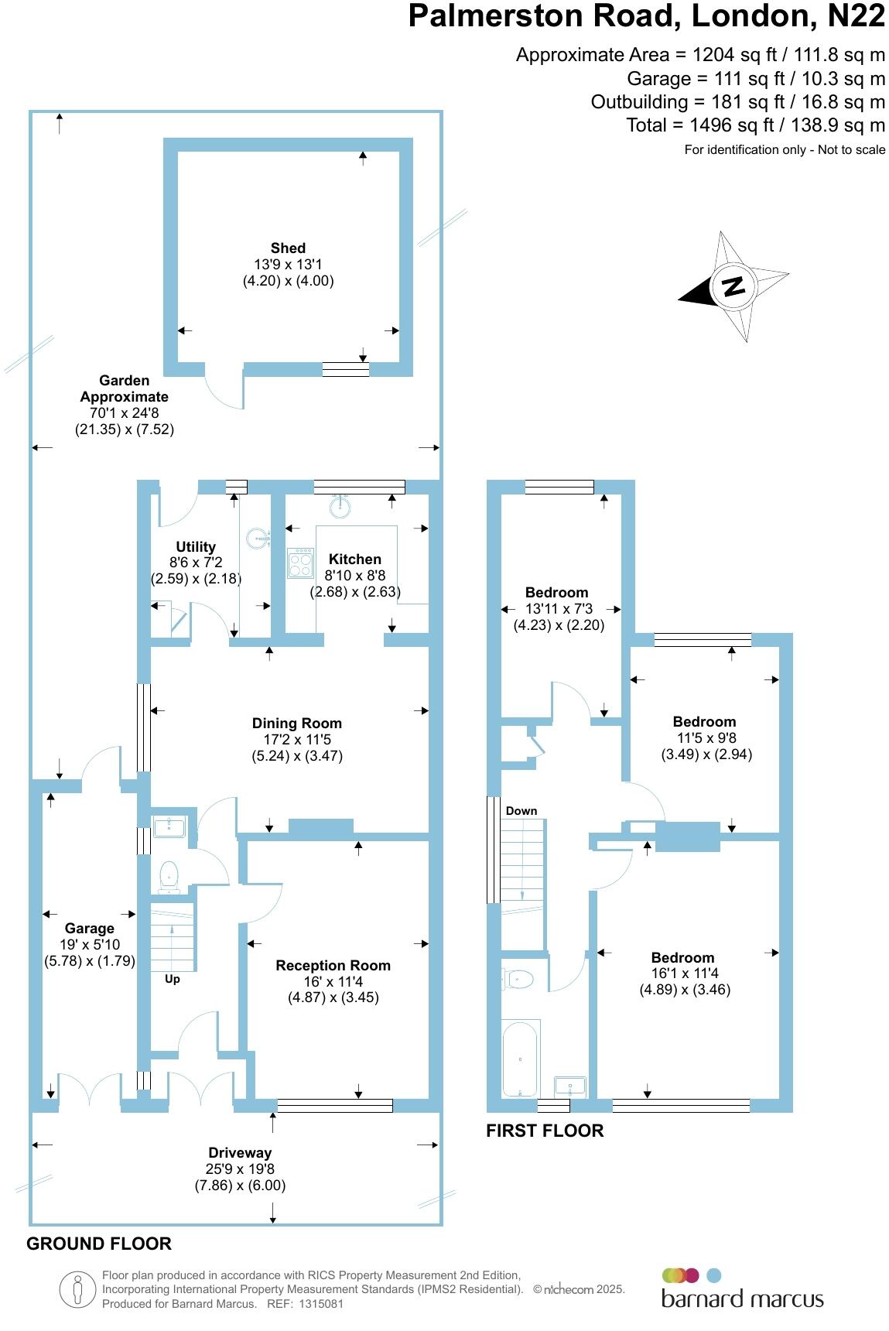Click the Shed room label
point(288,248)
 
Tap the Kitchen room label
point(355,559)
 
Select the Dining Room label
point(297,724)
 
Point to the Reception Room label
point(333,966)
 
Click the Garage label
point(90,929)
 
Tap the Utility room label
point(196,547)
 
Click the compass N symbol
point(732,286)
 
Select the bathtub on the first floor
point(520,1058)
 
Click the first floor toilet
point(518,980)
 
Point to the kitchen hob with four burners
point(300,563)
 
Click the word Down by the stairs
point(521,811)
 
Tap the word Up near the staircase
point(173,979)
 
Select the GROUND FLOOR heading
point(99,1244)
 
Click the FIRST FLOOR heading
point(545,1131)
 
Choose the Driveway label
point(240,1153)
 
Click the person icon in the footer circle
point(77,1290)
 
